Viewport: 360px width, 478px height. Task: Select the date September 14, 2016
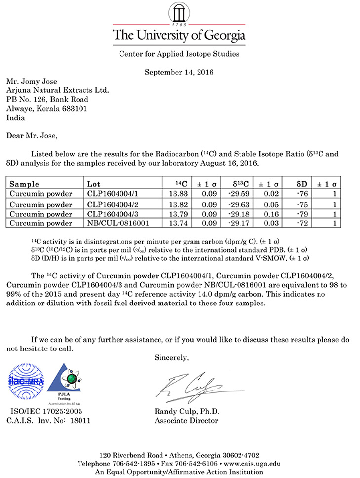tap(179, 72)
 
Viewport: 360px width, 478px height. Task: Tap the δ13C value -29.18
tap(239, 214)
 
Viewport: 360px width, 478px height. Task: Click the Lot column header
tap(93, 184)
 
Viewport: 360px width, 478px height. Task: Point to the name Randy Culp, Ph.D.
tap(187, 412)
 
